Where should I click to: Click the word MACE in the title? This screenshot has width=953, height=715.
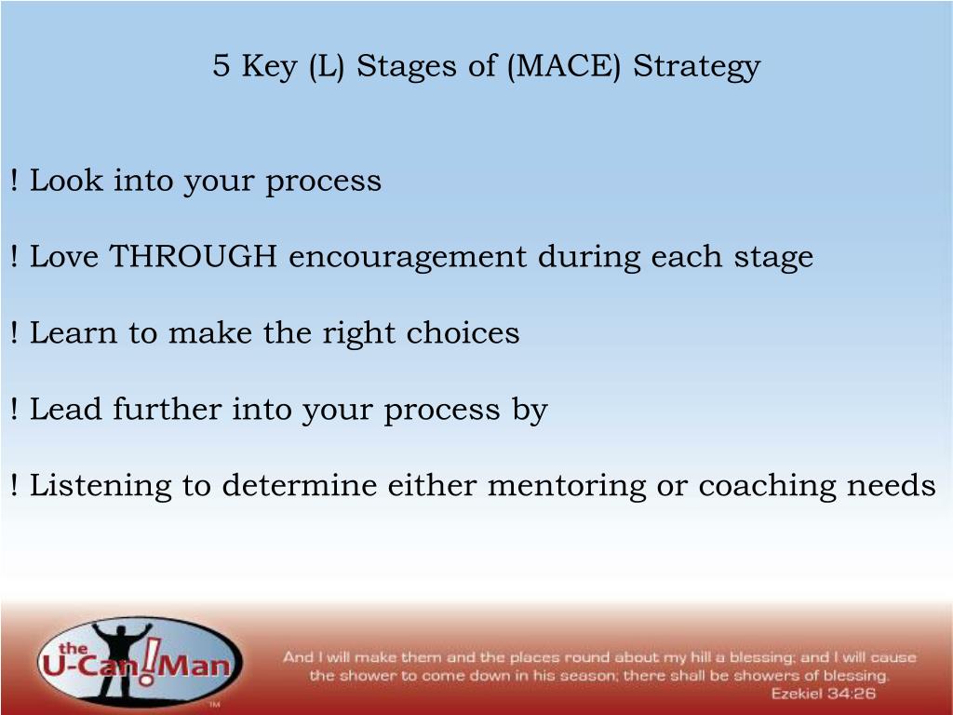(563, 65)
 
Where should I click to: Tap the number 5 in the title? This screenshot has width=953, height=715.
(221, 65)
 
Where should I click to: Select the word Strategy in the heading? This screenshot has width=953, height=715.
(696, 67)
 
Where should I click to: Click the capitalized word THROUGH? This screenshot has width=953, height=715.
(194, 256)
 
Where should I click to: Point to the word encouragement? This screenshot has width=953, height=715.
(408, 258)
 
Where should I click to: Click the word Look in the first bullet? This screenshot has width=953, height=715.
(66, 180)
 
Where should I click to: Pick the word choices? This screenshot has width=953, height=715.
(463, 332)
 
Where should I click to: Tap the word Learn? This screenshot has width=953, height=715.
(74, 332)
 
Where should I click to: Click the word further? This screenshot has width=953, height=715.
(167, 409)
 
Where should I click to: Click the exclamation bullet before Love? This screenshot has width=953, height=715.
(14, 256)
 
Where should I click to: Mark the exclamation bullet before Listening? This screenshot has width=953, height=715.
(14, 485)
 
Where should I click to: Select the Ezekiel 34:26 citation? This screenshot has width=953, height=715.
(823, 693)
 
